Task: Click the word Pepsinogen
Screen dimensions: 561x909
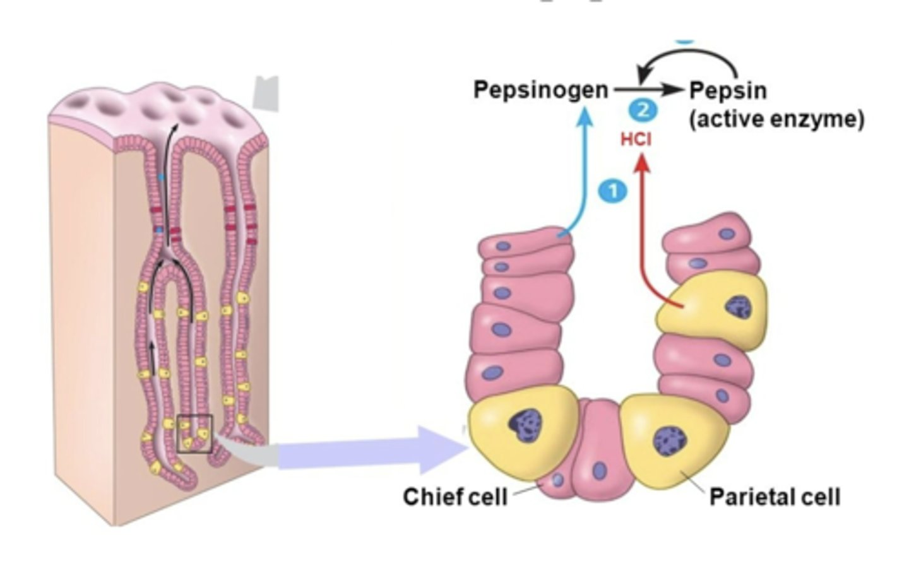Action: [x=540, y=90]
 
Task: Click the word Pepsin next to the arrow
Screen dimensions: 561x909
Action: [x=727, y=91]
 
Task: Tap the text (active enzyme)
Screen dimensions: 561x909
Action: [x=776, y=119]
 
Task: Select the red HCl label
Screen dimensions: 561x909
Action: [x=636, y=139]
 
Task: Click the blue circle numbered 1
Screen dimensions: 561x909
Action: [x=613, y=191]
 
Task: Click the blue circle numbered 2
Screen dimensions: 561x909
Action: [x=643, y=110]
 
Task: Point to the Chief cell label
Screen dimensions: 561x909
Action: [x=454, y=497]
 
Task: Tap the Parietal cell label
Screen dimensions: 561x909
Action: [x=775, y=497]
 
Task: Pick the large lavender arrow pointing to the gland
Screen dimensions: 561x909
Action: [x=372, y=450]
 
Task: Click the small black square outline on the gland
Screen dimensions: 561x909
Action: [x=194, y=434]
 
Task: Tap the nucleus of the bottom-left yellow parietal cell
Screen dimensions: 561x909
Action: [x=525, y=424]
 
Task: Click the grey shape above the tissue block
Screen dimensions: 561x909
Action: [x=265, y=93]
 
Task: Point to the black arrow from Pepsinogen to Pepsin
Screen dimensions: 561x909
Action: [x=647, y=90]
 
